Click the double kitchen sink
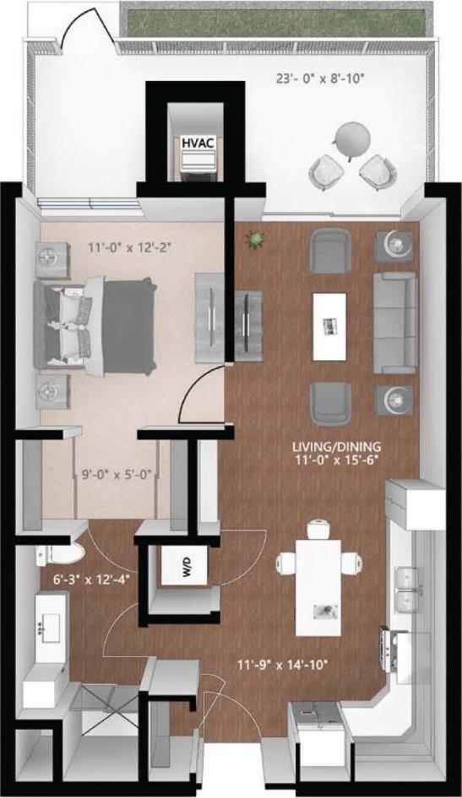coord(410,589)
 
